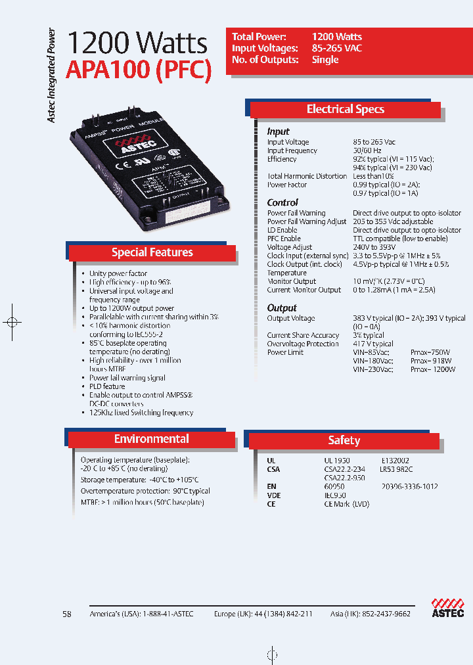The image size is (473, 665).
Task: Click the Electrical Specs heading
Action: [x=345, y=109]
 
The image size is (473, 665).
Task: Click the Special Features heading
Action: [x=152, y=252]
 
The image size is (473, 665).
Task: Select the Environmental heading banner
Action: [x=151, y=439]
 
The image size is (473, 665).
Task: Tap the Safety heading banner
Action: [x=344, y=440]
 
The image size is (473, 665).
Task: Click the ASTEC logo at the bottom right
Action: [x=447, y=608]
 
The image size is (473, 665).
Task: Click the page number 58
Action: [x=66, y=614]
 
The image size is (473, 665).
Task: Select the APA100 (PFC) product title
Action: [x=139, y=70]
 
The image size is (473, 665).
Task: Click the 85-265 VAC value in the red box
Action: [x=337, y=48]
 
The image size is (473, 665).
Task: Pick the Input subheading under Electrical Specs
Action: [x=278, y=131]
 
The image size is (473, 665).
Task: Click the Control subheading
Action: [x=282, y=202]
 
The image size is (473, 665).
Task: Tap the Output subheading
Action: [x=282, y=308]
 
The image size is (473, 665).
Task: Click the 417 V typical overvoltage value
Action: [x=372, y=344]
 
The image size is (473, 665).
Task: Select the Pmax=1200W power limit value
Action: [x=432, y=369]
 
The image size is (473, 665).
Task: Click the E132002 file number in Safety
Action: [x=395, y=461]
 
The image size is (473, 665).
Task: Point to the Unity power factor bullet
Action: [x=118, y=273]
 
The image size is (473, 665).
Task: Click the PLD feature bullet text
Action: [x=107, y=386]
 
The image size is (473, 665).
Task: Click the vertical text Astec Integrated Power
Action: [x=52, y=76]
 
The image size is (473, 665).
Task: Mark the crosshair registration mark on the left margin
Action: [x=11, y=322]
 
